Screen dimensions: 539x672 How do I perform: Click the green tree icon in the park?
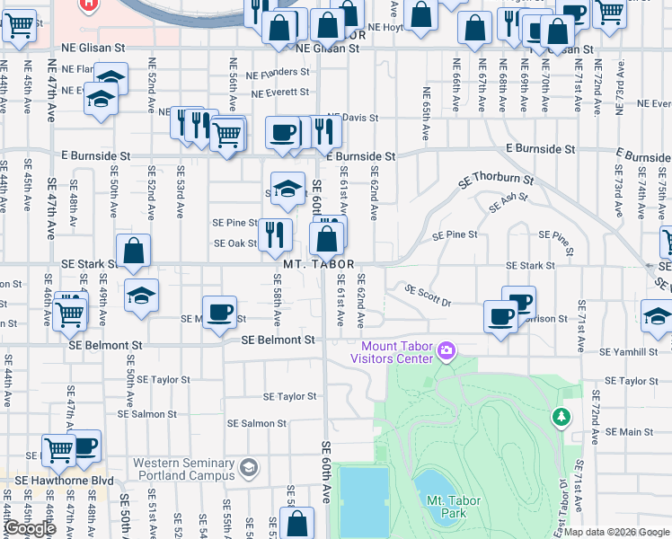(561, 417)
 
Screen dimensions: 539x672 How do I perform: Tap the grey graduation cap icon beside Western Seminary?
(248, 467)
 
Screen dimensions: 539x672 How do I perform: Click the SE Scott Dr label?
(428, 296)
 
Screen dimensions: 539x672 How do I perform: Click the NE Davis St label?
(353, 118)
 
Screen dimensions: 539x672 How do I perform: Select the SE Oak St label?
(235, 243)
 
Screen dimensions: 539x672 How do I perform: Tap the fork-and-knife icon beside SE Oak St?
(275, 234)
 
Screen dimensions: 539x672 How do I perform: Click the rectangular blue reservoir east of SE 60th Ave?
(365, 499)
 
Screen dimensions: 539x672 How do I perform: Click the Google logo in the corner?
(30, 528)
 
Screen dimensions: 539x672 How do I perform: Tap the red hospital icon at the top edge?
(88, 4)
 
